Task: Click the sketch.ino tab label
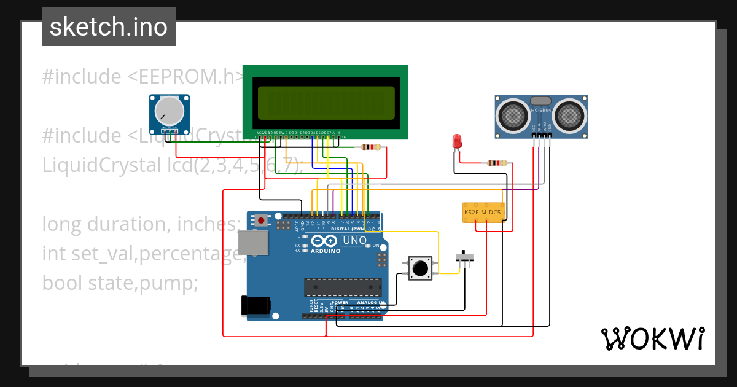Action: coord(108,27)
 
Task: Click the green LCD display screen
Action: coord(326,103)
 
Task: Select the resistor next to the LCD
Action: coord(371,147)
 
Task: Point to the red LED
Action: coord(456,141)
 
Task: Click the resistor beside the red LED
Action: coord(497,163)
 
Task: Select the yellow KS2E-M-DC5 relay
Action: coord(483,213)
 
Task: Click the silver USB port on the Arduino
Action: coord(253,243)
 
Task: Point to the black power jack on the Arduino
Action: coord(256,305)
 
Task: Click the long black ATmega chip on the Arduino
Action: coord(343,287)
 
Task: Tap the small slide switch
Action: coord(467,257)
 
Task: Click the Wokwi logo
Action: coord(652,338)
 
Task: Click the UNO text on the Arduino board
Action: coord(353,240)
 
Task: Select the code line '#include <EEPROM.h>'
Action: coord(143,77)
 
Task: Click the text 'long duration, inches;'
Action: coord(141,224)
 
